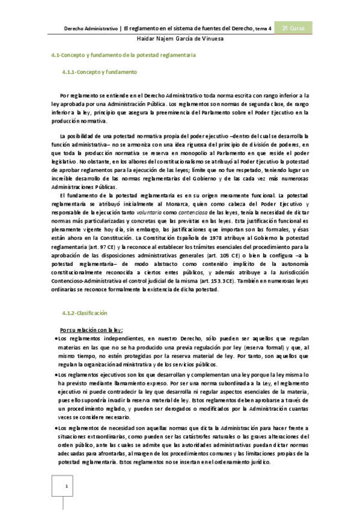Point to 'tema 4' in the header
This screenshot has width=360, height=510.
point(263,29)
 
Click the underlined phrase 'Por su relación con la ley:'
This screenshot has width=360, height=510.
point(91,330)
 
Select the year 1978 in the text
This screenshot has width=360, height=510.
point(234,238)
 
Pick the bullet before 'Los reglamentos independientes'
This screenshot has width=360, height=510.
point(55,339)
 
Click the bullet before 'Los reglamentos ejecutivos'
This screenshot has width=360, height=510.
point(55,374)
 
